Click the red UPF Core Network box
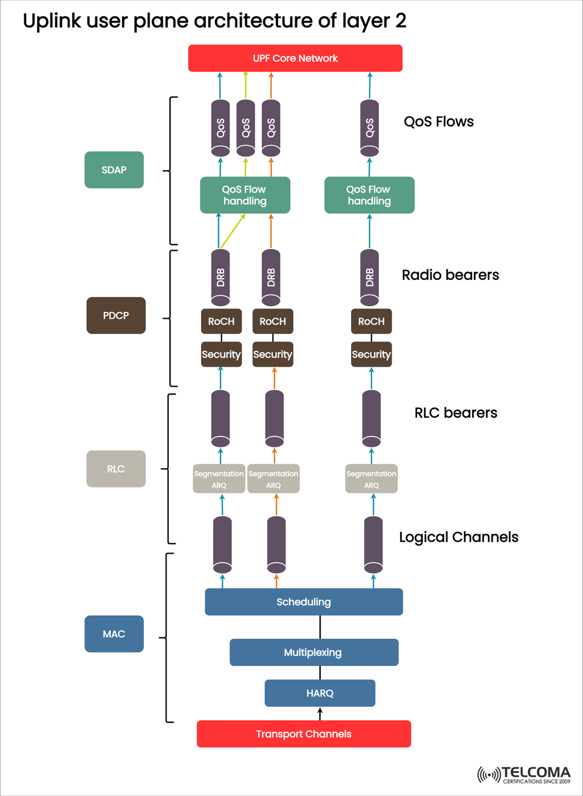pyautogui.click(x=295, y=58)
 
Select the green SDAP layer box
pyautogui.click(x=114, y=170)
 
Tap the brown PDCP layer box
pyautogui.click(x=116, y=316)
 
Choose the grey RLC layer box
pyautogui.click(x=116, y=469)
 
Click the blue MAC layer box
pyautogui.click(x=114, y=634)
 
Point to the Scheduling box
pyautogui.click(x=304, y=602)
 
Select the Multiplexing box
pyautogui.click(x=313, y=652)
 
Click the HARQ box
pyautogui.click(x=320, y=693)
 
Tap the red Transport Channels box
pyautogui.click(x=304, y=733)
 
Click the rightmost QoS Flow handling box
pyautogui.click(x=369, y=195)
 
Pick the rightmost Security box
pyautogui.click(x=371, y=355)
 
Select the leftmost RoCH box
pyautogui.click(x=221, y=321)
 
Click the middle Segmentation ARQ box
pyautogui.click(x=273, y=479)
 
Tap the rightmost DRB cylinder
pyautogui.click(x=369, y=277)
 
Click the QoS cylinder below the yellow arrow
pyautogui.click(x=245, y=128)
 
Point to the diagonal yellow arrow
pyautogui.click(x=233, y=231)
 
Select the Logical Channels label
pyautogui.click(x=459, y=537)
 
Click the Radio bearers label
pyautogui.click(x=450, y=275)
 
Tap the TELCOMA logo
pyautogui.click(x=524, y=775)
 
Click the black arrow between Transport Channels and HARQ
pyautogui.click(x=320, y=713)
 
